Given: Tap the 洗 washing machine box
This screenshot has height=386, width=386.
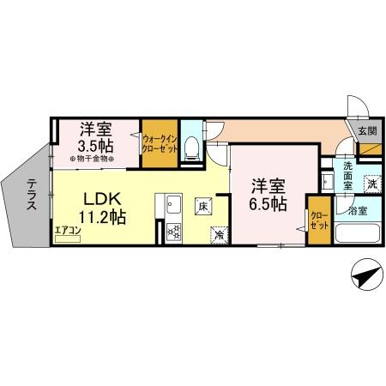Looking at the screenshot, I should pyautogui.click(x=372, y=182).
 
